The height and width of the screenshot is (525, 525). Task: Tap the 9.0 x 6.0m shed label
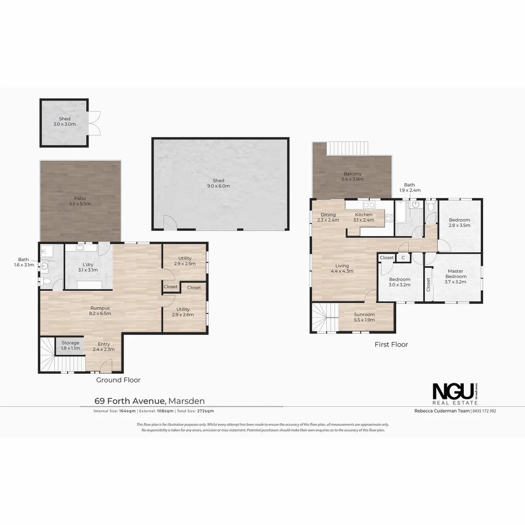219,183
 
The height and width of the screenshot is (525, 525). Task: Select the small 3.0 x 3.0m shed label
65,122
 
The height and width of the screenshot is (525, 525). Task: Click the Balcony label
352,176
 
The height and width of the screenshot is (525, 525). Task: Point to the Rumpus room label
100,311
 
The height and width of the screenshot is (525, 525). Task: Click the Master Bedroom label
455,276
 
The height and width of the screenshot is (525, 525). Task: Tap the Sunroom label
364,317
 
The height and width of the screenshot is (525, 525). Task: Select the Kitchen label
364,217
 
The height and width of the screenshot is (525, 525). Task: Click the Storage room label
70,345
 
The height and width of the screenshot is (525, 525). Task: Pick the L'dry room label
88,267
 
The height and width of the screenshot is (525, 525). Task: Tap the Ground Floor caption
118,380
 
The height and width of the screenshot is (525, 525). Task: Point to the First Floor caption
391,345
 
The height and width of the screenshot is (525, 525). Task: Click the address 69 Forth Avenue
130,401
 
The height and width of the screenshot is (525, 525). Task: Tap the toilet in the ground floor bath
46,281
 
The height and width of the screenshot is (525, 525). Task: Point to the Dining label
328,217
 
